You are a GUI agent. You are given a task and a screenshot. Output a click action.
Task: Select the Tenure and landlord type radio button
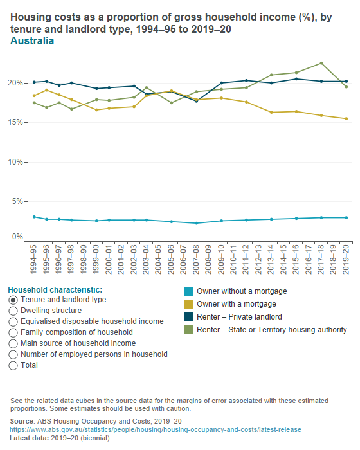click(14, 300)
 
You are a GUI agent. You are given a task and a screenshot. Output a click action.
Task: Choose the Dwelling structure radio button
click(14, 310)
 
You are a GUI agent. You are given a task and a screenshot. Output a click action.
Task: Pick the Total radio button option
click(14, 365)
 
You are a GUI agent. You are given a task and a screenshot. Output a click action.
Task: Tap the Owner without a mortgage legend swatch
click(188, 291)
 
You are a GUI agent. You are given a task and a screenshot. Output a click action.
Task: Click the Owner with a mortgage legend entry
click(236, 304)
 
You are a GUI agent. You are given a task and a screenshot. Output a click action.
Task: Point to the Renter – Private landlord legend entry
click(239, 317)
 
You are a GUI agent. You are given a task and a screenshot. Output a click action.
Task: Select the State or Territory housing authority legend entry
click(271, 330)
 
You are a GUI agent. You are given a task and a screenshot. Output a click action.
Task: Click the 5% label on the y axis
click(18, 202)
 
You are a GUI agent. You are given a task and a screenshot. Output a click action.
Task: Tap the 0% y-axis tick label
click(18, 237)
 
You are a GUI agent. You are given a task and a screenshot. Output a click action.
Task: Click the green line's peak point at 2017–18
click(321, 63)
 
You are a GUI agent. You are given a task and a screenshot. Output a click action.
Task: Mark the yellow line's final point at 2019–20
click(346, 118)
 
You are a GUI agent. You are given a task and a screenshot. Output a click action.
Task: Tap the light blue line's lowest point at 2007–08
click(196, 223)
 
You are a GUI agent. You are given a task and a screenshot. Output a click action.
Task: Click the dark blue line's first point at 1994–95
click(34, 82)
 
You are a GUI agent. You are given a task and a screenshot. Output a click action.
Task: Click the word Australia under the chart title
click(32, 41)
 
